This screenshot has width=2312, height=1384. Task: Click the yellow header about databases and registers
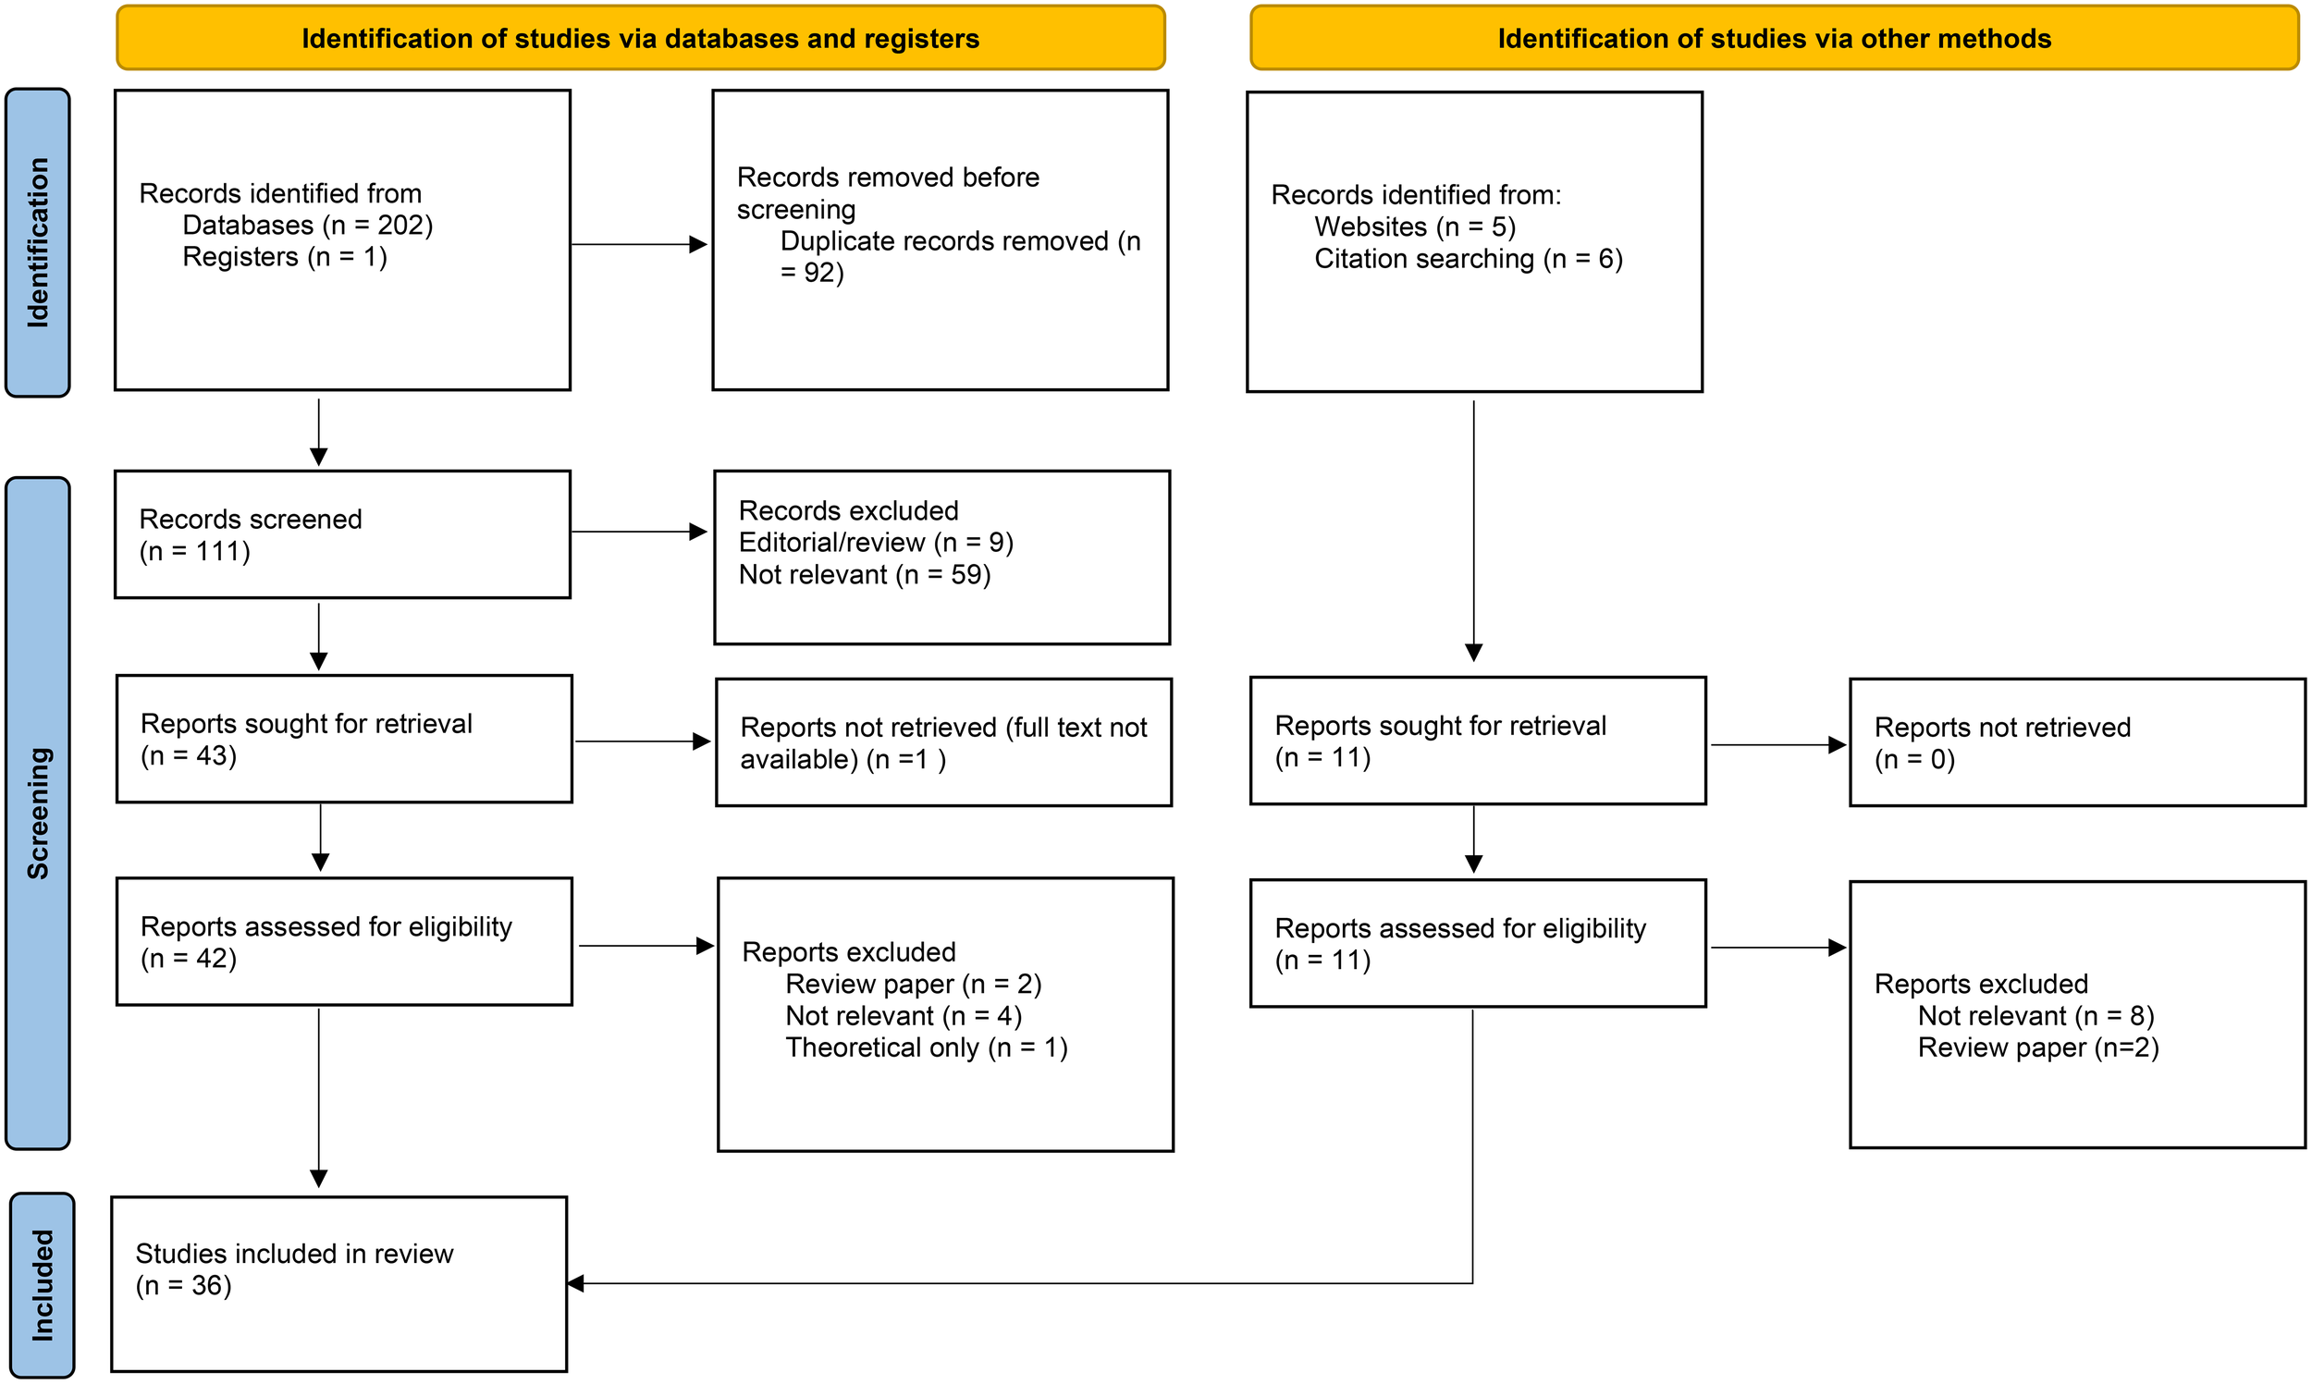point(640,38)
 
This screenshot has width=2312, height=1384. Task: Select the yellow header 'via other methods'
point(1773,38)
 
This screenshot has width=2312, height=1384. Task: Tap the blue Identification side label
point(37,242)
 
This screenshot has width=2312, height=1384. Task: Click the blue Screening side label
point(37,813)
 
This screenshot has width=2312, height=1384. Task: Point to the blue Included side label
point(42,1284)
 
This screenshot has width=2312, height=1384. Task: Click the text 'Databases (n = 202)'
point(307,226)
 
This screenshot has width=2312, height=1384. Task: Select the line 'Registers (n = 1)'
point(285,257)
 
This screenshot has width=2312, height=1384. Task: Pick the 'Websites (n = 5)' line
point(1414,227)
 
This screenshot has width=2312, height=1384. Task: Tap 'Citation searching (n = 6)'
point(1468,259)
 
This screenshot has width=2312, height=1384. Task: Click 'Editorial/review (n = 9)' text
point(875,543)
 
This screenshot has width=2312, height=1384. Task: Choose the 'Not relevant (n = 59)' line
point(864,574)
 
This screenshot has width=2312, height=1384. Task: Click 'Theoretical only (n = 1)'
point(926,1047)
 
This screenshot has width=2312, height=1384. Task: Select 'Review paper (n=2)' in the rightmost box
point(2038,1047)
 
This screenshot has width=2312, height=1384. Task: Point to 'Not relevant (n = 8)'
point(2035,1016)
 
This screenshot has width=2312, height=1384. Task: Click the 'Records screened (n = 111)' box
point(342,534)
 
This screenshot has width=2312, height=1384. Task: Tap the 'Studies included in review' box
point(338,1283)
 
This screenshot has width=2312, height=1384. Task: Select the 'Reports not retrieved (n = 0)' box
point(2076,742)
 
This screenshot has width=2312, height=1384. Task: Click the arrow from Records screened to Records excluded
point(639,532)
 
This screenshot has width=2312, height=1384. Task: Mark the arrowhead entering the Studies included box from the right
point(576,1283)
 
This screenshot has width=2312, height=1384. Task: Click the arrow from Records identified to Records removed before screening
point(639,244)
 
